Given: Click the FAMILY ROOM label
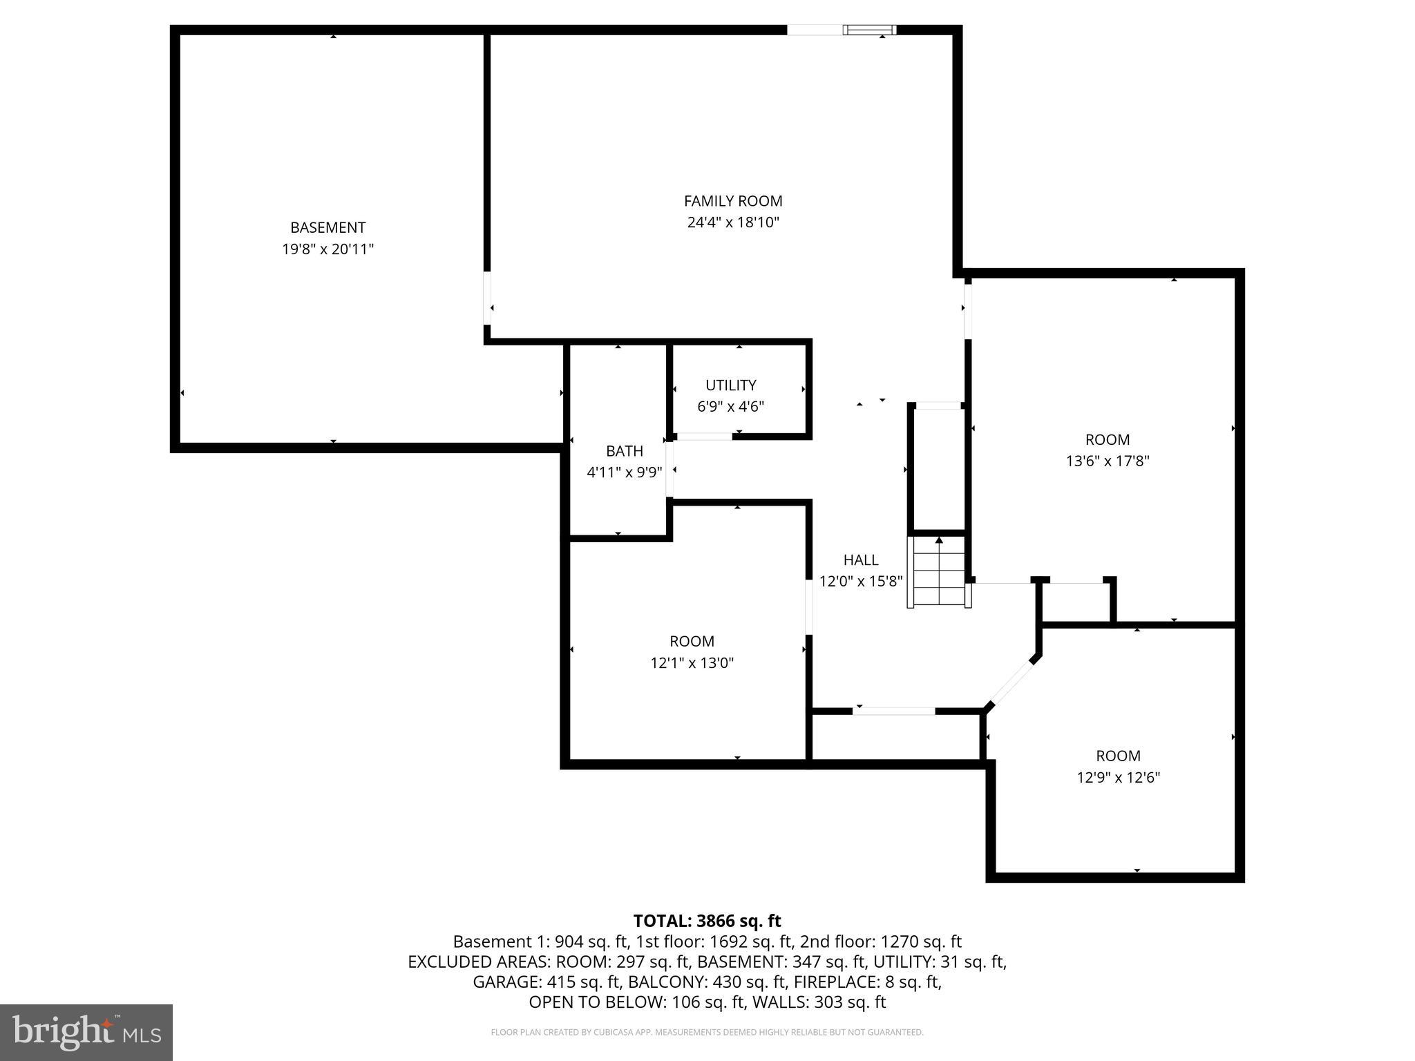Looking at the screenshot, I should (732, 201).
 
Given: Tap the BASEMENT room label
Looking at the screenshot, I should (327, 227).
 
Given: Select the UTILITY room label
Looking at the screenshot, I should (730, 385).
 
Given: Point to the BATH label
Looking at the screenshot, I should (624, 451).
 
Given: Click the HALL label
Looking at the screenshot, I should (860, 560).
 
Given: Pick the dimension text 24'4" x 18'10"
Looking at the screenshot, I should (732, 222).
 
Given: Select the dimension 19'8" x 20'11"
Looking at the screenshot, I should (327, 249).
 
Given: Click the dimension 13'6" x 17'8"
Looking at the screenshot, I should (1107, 461).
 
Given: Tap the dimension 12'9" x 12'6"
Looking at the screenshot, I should (1117, 777).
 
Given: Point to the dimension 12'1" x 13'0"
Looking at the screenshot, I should (692, 663).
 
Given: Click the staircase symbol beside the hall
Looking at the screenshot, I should (938, 571).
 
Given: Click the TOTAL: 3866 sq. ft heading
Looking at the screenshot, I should (707, 921).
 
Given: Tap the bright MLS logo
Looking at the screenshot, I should (86, 1032).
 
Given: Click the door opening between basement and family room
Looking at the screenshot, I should (487, 298).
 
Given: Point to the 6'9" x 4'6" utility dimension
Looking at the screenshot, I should (730, 406).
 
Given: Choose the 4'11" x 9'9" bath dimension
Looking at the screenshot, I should (624, 472).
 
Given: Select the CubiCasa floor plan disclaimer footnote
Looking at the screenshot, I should (707, 1032).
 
